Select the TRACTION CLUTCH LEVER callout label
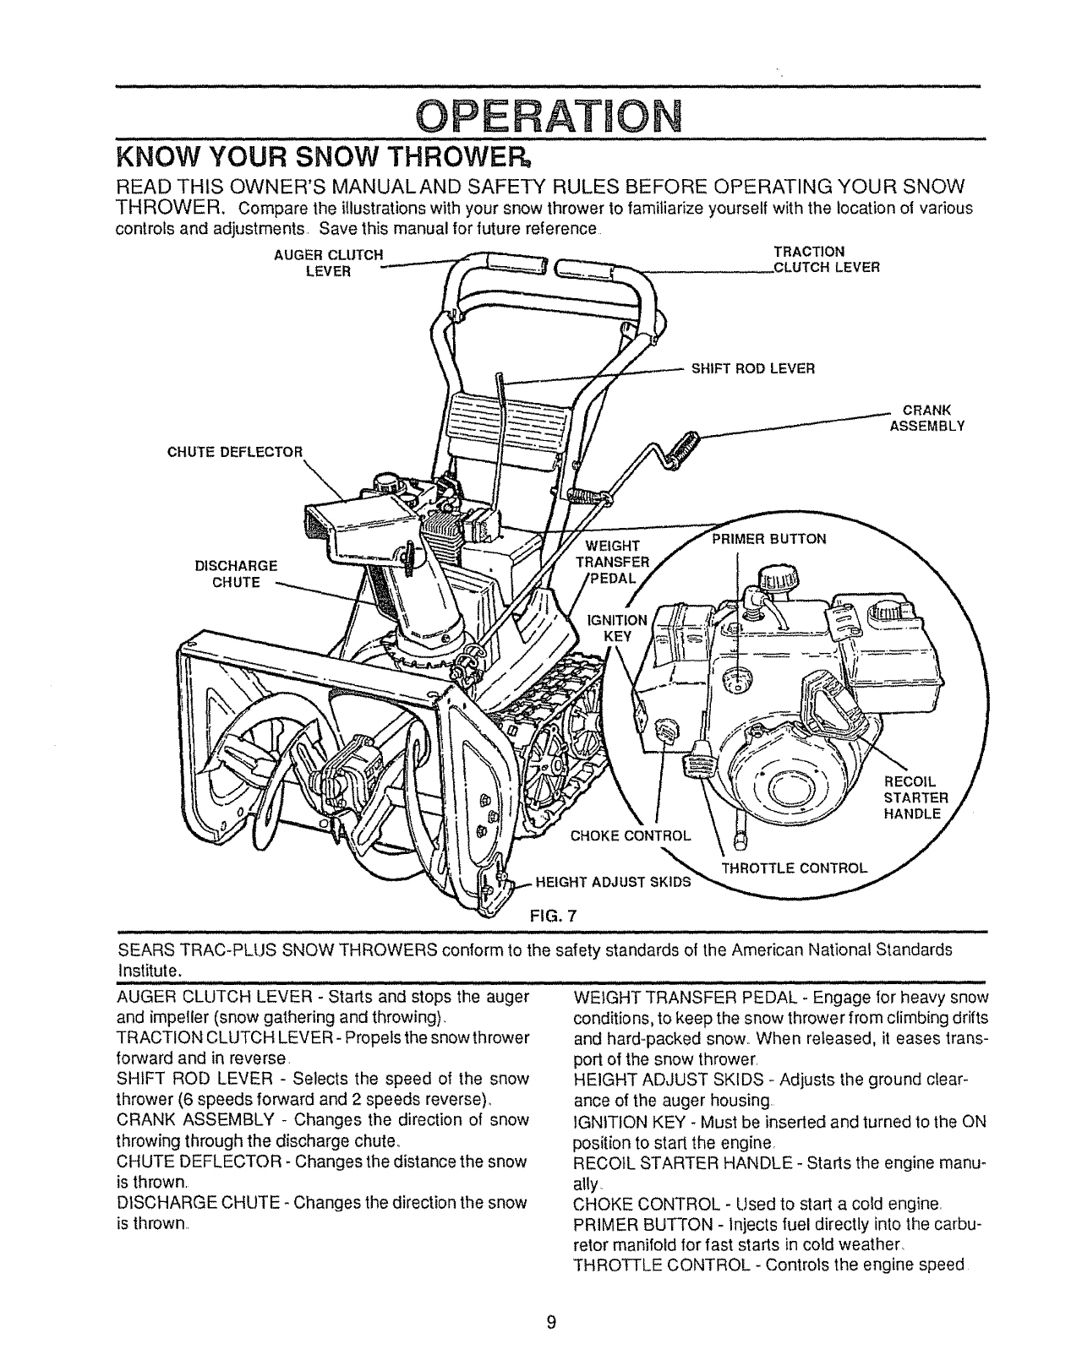point(827,260)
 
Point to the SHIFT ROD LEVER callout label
point(752,368)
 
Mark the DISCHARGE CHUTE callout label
point(236,574)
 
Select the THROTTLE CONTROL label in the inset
point(794,868)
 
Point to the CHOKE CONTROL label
point(631,836)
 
